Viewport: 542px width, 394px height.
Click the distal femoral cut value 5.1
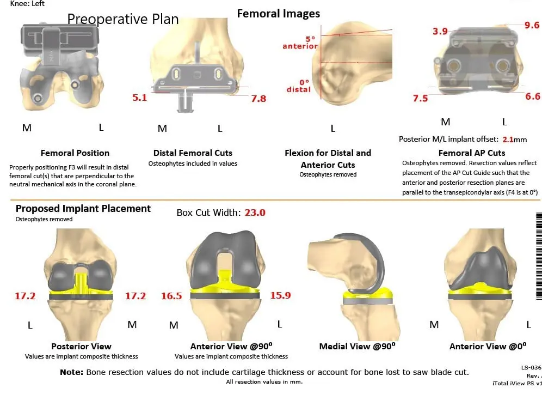point(140,98)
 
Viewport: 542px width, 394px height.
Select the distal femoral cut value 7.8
point(258,99)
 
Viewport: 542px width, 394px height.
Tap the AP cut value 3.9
point(440,32)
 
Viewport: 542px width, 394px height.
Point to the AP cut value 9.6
point(532,26)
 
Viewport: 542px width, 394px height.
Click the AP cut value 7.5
point(420,99)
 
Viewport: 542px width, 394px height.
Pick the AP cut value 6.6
point(532,96)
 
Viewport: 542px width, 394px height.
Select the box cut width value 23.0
point(254,213)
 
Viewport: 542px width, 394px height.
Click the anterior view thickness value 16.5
point(171,296)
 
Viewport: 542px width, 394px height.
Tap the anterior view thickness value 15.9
point(280,295)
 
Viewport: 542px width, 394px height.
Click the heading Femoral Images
point(279,14)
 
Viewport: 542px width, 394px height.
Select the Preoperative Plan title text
point(123,19)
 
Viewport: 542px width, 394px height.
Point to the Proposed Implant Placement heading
point(83,209)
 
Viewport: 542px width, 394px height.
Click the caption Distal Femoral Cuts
point(193,153)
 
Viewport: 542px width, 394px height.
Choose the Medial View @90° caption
point(357,346)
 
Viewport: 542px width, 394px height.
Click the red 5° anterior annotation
point(300,43)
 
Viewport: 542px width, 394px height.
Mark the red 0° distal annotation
point(299,86)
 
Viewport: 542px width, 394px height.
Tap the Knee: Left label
point(28,4)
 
